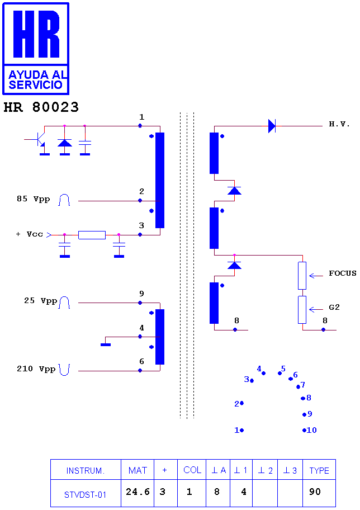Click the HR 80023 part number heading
(x=41, y=107)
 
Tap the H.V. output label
(x=339, y=124)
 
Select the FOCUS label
(x=343, y=273)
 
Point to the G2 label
(x=334, y=308)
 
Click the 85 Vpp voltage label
(x=33, y=199)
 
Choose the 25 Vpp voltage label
(x=40, y=300)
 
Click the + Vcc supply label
(x=29, y=234)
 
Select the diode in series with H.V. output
(x=272, y=126)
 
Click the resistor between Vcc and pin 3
(x=92, y=235)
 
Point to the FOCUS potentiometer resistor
(x=302, y=276)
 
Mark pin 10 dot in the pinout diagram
(x=304, y=431)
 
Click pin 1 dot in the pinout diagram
(x=242, y=431)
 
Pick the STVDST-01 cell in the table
(x=86, y=493)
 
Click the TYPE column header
(x=319, y=470)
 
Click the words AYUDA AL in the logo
(x=38, y=75)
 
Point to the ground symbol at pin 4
(x=106, y=344)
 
